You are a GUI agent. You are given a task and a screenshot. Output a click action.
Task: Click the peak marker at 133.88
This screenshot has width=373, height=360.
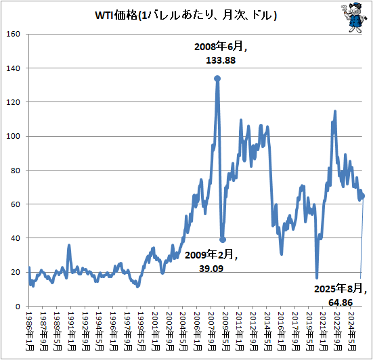217,78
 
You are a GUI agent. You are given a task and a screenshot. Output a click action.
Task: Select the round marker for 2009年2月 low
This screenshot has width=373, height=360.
223,240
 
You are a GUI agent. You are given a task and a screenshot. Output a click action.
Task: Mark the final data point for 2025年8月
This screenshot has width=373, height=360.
363,196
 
